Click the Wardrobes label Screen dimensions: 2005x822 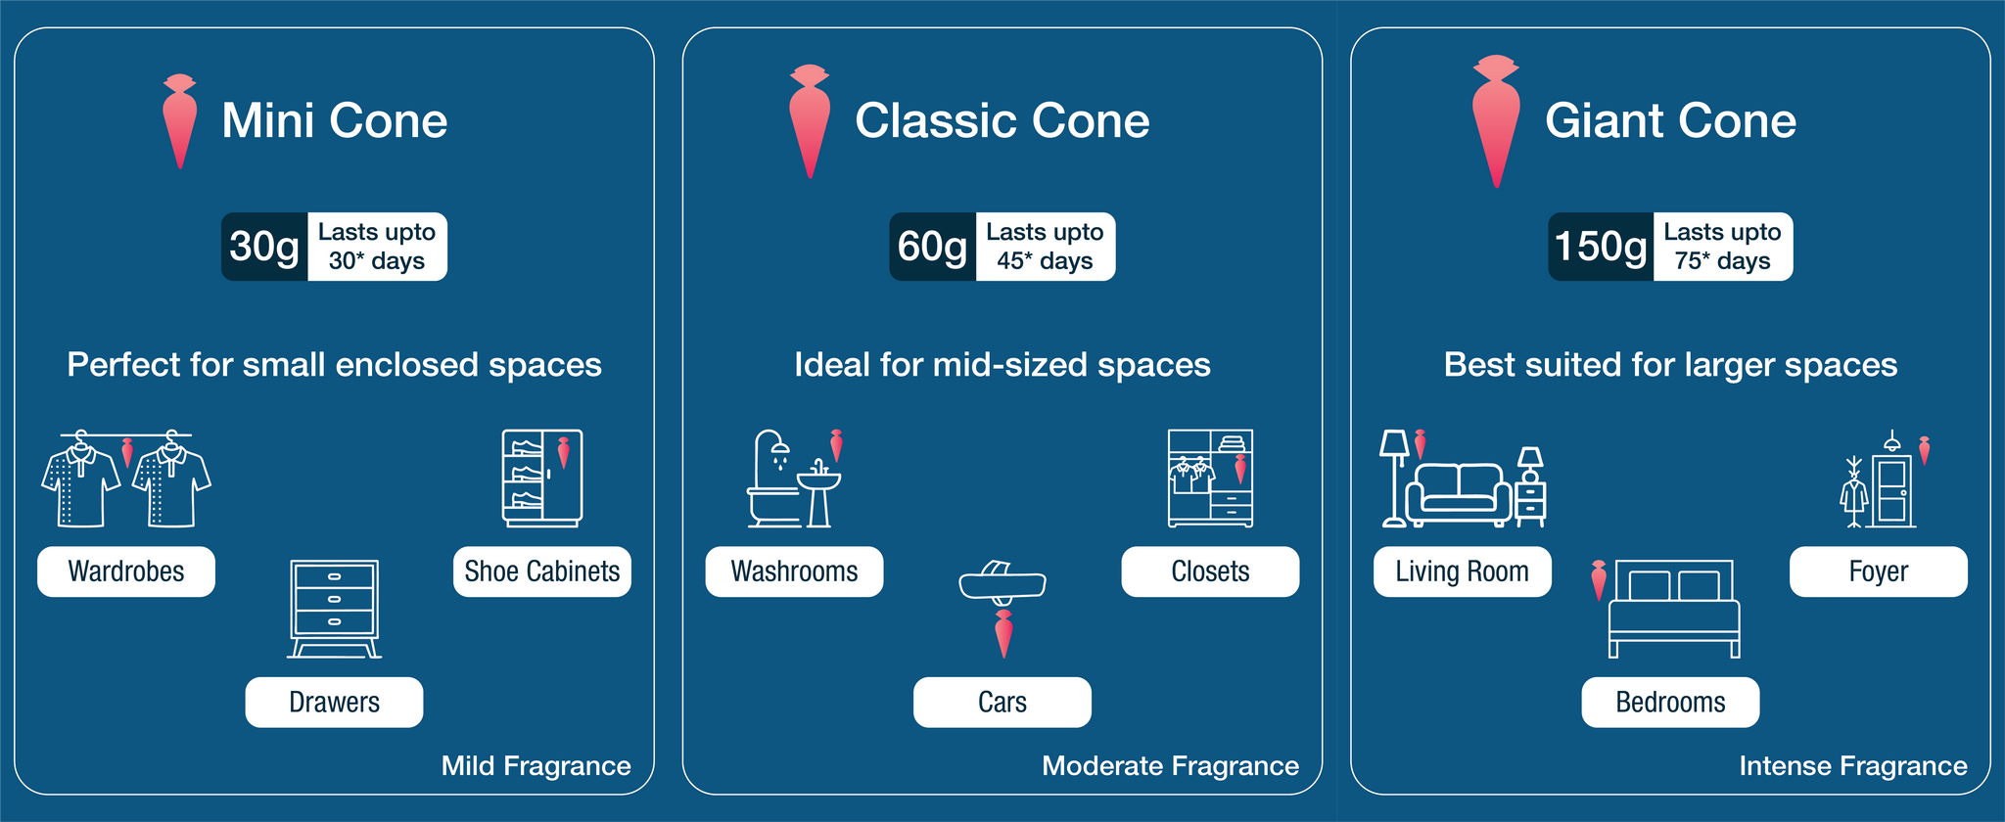point(126,571)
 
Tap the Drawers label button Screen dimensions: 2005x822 point(334,702)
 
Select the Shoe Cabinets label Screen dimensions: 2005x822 point(542,571)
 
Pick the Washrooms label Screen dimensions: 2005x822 point(794,571)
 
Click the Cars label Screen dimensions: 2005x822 point(1002,702)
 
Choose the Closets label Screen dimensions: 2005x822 point(1210,571)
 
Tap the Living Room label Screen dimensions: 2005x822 point(1463,571)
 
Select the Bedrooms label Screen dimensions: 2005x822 point(1670,702)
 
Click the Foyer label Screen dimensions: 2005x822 point(1879,571)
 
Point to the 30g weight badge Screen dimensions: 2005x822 point(264,247)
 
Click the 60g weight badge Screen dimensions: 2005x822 point(932,247)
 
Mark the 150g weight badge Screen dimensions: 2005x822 point(1601,247)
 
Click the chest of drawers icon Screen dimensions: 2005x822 point(334,609)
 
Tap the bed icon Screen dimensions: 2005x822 point(1675,609)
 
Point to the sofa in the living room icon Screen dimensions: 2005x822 point(1459,493)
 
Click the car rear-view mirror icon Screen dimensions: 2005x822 point(1002,582)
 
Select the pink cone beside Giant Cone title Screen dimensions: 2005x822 point(1496,120)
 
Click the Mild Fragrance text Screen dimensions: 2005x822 point(536,765)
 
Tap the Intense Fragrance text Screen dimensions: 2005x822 point(1853,765)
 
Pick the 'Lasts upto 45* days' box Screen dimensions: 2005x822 point(1046,247)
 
